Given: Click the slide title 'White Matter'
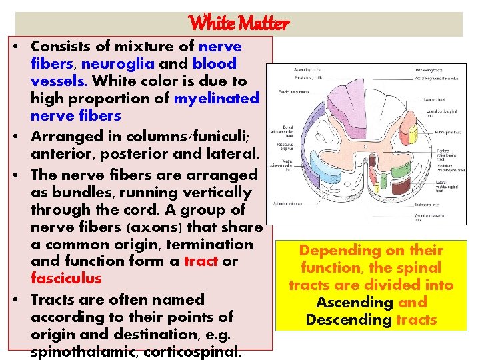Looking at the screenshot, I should coord(239,24).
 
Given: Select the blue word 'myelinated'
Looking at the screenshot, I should coord(216,99).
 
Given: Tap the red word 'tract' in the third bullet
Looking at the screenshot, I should coord(201,261).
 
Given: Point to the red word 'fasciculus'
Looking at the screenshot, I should coord(66,279).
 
